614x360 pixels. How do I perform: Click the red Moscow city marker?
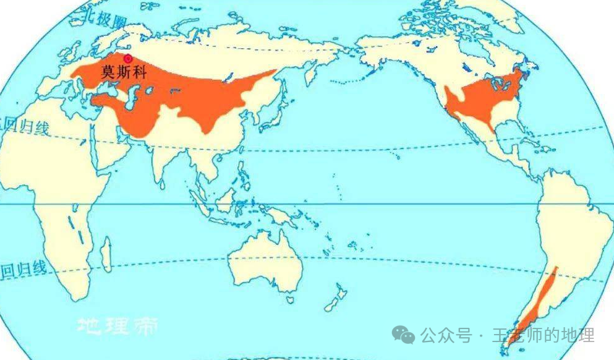pos(128,58)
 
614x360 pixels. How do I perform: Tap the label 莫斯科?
pos(124,72)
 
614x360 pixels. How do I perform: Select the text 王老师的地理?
pos(544,335)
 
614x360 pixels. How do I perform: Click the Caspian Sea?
pos(131,102)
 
